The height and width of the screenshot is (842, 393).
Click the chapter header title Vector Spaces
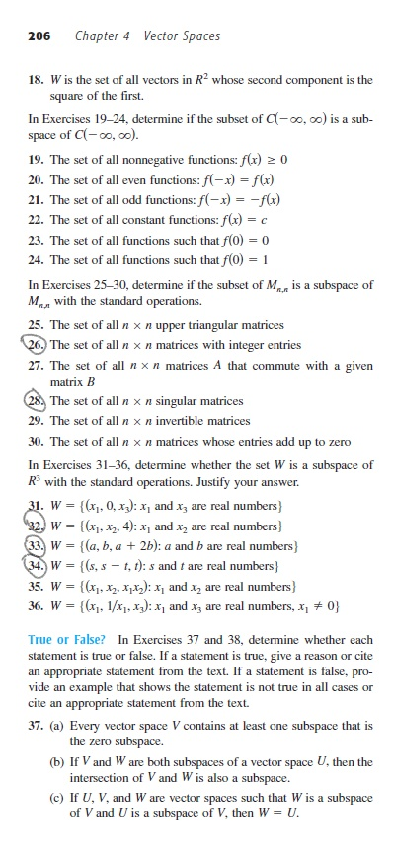(182, 36)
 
